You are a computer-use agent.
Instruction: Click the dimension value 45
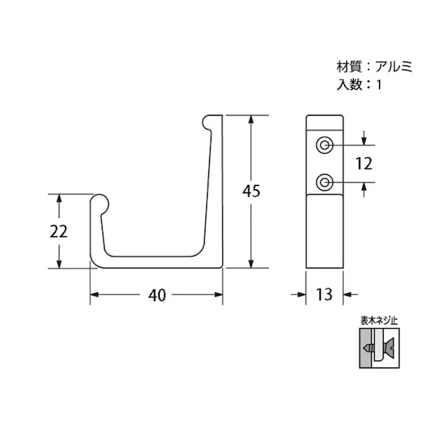(x=251, y=191)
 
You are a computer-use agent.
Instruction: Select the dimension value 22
(x=58, y=231)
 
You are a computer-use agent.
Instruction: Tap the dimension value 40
(x=157, y=295)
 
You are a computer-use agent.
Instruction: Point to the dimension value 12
(x=364, y=163)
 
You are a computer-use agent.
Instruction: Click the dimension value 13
(x=324, y=295)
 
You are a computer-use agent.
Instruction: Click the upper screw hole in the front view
(x=324, y=145)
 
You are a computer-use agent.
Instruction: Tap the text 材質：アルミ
(x=374, y=66)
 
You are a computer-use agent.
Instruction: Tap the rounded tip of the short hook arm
(x=100, y=203)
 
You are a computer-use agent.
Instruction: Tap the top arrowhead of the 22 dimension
(x=59, y=198)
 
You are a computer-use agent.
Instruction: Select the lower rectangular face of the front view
(x=324, y=230)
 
